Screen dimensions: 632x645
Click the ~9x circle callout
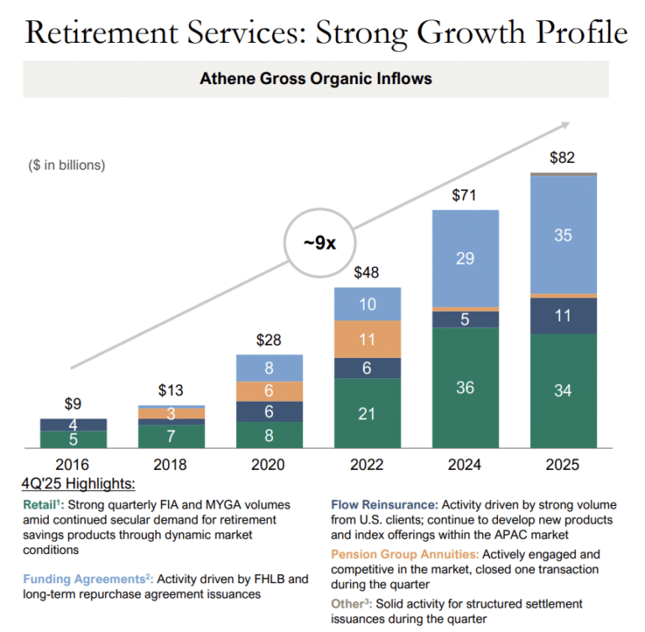320,244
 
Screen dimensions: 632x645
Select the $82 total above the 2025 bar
562,157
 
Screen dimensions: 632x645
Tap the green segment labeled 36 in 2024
464,387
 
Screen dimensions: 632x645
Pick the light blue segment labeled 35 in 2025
563,235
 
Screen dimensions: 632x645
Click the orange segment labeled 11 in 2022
367,340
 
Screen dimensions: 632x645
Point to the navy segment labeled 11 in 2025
563,316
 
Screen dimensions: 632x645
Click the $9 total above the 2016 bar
73,403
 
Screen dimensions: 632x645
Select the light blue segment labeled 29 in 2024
464,259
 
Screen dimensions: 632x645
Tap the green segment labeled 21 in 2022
367,413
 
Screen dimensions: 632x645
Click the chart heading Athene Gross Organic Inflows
316,79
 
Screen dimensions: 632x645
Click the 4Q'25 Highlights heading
80,485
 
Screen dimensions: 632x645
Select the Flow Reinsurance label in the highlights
384,505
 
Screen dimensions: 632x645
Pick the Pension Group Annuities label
405,555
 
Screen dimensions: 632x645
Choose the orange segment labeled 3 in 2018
170,413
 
